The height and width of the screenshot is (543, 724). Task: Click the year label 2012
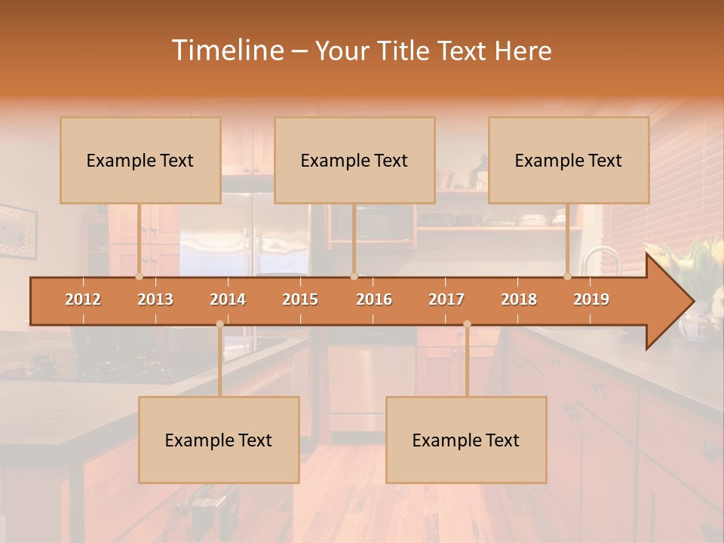pyautogui.click(x=83, y=299)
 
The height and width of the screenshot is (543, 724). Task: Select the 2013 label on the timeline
pyautogui.click(x=155, y=299)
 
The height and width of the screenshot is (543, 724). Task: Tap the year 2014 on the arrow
pyautogui.click(x=228, y=299)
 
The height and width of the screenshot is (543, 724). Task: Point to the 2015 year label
pyautogui.click(x=300, y=299)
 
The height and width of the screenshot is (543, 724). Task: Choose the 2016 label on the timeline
pyautogui.click(x=374, y=299)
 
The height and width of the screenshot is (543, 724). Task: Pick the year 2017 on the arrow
pyautogui.click(x=446, y=299)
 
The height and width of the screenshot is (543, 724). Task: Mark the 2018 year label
pyautogui.click(x=519, y=299)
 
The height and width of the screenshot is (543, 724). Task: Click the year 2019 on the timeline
pyautogui.click(x=591, y=299)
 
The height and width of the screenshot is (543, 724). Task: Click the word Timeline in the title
pyautogui.click(x=226, y=51)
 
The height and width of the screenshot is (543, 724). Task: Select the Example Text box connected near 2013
pyautogui.click(x=140, y=160)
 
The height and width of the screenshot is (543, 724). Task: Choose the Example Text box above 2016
pyautogui.click(x=354, y=160)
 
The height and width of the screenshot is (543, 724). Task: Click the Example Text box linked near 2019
pyautogui.click(x=569, y=160)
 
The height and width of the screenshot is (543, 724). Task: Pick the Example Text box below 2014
pyautogui.click(x=219, y=440)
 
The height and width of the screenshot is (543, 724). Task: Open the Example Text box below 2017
pyautogui.click(x=466, y=440)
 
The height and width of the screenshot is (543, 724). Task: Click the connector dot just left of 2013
pyautogui.click(x=139, y=276)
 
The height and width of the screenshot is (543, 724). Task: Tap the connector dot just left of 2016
pyautogui.click(x=354, y=276)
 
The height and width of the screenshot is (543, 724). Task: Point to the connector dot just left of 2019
pyautogui.click(x=568, y=276)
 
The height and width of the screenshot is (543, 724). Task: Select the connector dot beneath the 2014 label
pyautogui.click(x=219, y=324)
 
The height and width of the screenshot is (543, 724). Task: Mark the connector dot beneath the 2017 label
pyautogui.click(x=467, y=324)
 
